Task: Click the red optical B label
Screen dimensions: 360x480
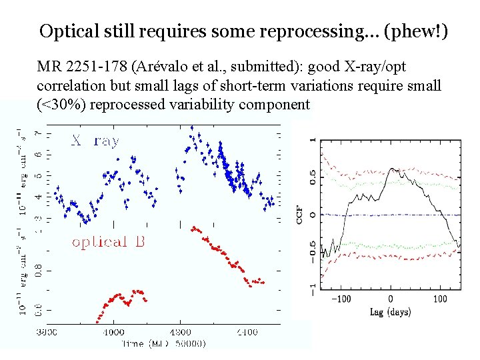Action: tap(108, 242)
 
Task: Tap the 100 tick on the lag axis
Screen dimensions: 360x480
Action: tap(440, 299)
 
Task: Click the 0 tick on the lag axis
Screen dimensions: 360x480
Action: tap(390, 299)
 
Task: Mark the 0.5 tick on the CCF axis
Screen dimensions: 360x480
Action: tap(313, 177)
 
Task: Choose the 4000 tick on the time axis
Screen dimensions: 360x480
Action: tap(114, 331)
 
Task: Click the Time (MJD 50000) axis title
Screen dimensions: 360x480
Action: tap(163, 343)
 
